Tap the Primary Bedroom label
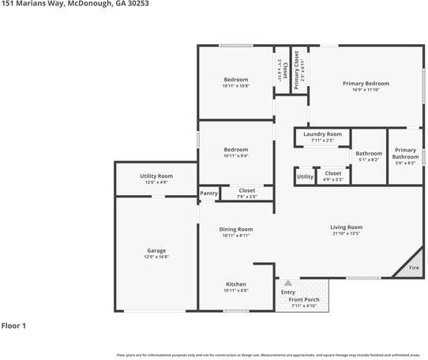pyautogui.click(x=366, y=83)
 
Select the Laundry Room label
pyautogui.click(x=322, y=134)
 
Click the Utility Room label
pyautogui.click(x=156, y=176)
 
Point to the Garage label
pyautogui.click(x=156, y=250)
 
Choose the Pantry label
pyautogui.click(x=208, y=193)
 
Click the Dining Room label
pyautogui.click(x=236, y=229)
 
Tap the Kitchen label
pyautogui.click(x=236, y=284)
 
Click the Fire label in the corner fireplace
pyautogui.click(x=414, y=268)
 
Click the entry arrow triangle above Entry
pyautogui.click(x=288, y=283)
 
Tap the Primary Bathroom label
pyautogui.click(x=405, y=153)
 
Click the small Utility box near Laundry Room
pyautogui.click(x=305, y=177)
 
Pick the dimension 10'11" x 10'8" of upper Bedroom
pyautogui.click(x=236, y=85)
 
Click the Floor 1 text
pyautogui.click(x=13, y=325)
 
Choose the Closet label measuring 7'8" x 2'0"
pyautogui.click(x=247, y=190)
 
